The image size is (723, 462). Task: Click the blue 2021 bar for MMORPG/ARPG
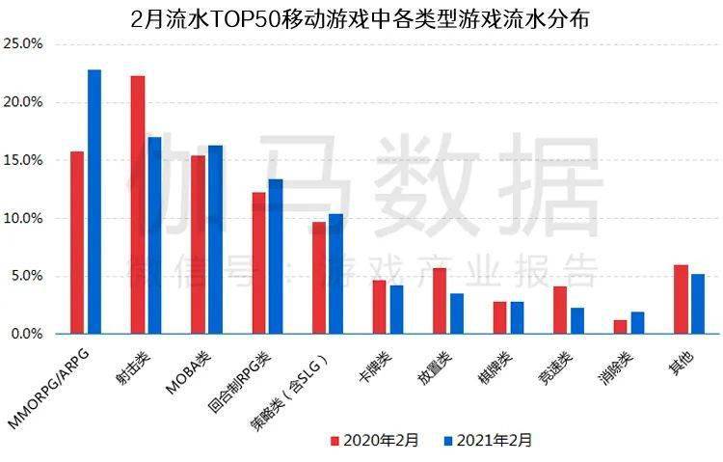pyautogui.click(x=94, y=202)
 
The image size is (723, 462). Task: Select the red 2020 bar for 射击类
pyautogui.click(x=138, y=204)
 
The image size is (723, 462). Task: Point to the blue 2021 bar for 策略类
pyautogui.click(x=335, y=274)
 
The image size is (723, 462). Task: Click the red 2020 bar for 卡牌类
pyautogui.click(x=379, y=307)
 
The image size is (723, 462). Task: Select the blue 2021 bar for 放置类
pyautogui.click(x=457, y=313)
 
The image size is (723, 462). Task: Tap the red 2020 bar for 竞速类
pyautogui.click(x=560, y=310)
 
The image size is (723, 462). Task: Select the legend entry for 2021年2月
pyautogui.click(x=488, y=440)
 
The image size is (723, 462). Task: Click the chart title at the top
pyautogui.click(x=361, y=17)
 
